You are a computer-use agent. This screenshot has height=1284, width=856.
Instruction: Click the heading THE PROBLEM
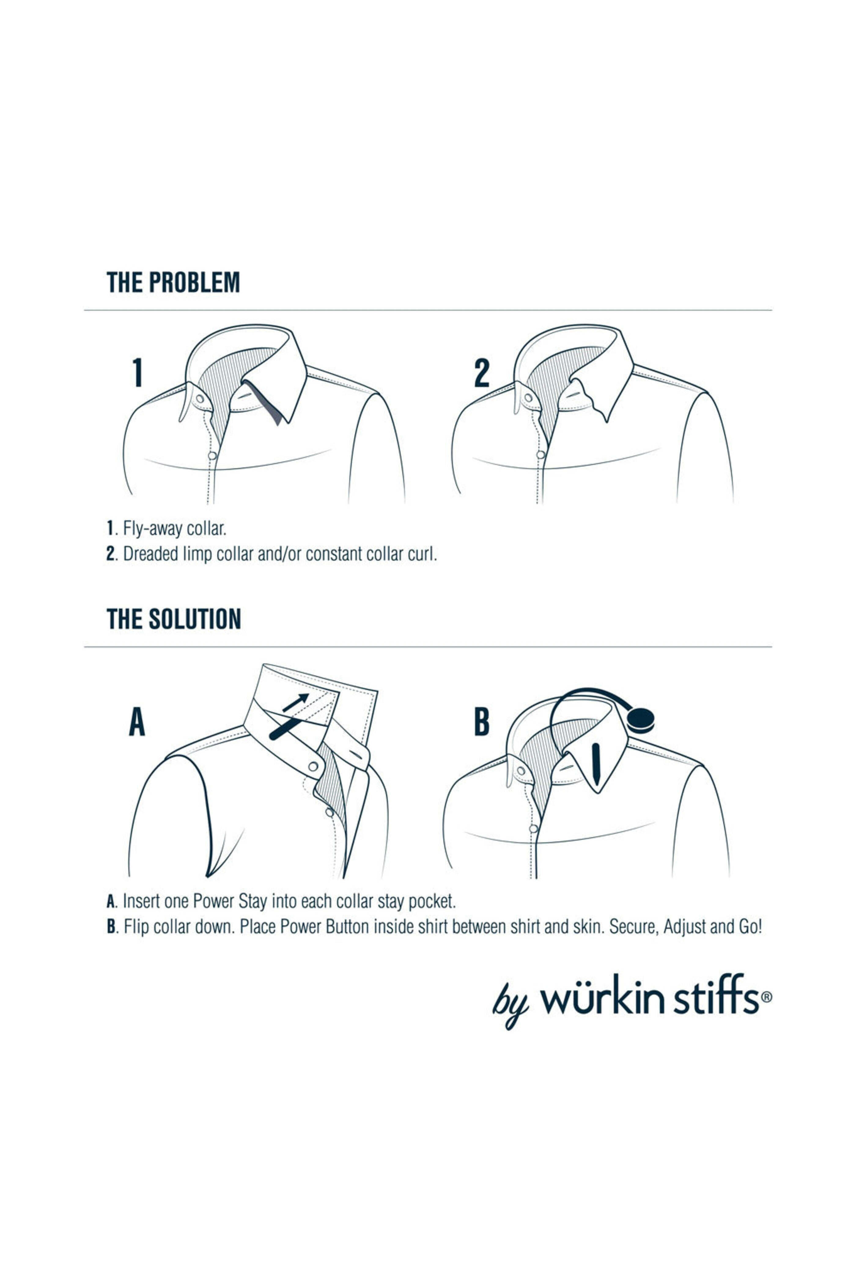coord(173,282)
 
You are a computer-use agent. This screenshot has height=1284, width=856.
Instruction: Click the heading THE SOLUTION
coord(174,619)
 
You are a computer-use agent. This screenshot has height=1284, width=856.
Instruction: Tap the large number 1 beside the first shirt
coord(138,373)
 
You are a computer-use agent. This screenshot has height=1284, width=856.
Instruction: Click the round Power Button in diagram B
coord(640,720)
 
